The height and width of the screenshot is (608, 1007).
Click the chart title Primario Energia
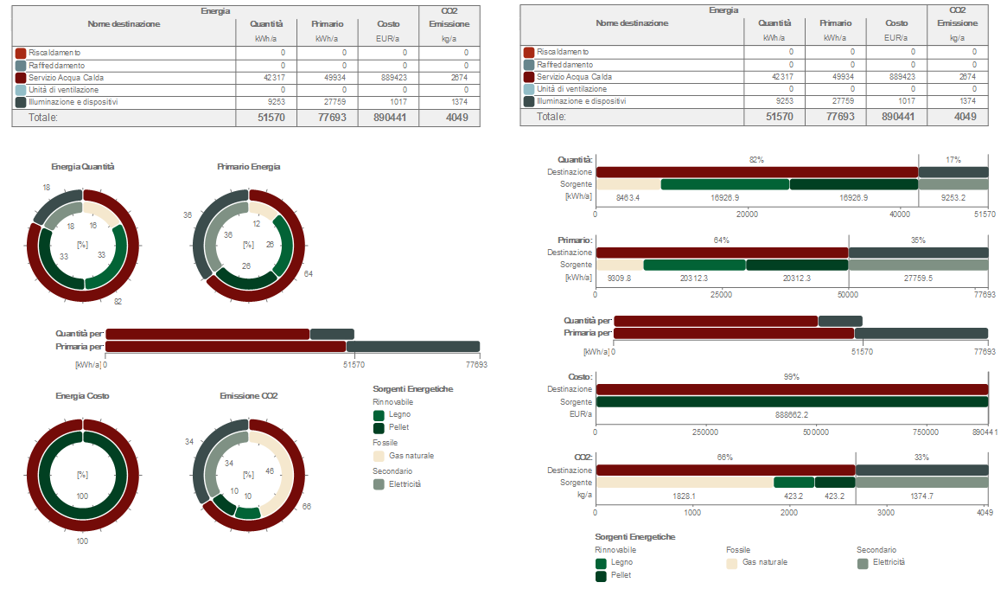tap(248, 166)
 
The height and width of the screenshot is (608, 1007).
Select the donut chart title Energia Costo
tap(82, 395)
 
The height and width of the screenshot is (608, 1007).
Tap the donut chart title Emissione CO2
tap(248, 395)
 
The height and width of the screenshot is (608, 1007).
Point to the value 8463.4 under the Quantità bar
tap(628, 198)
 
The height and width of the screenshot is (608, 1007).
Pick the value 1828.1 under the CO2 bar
tap(684, 496)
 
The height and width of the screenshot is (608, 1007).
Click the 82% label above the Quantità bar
tap(756, 160)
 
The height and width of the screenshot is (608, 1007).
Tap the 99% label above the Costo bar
tap(791, 377)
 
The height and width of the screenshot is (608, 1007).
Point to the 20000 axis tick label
tap(747, 214)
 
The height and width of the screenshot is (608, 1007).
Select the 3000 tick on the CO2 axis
tap(886, 512)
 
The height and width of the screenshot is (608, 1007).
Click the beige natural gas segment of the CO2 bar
tap(684, 483)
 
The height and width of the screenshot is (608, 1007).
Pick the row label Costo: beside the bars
tap(580, 377)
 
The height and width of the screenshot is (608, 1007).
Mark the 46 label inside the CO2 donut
tap(270, 472)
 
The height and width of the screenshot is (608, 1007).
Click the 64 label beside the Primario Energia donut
tap(309, 274)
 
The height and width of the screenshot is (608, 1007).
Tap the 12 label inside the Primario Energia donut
tap(257, 224)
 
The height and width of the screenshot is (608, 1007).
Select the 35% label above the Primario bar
tap(918, 240)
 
